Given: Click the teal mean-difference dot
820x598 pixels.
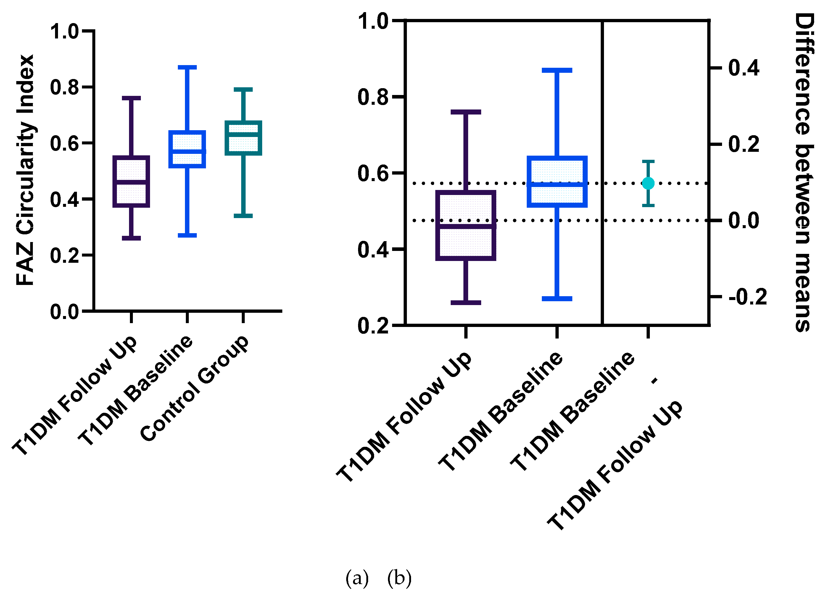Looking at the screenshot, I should [648, 183].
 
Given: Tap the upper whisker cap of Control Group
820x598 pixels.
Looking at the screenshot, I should [243, 89].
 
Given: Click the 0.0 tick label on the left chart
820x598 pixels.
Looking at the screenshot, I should [64, 312].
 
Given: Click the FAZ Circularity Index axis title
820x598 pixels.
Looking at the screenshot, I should [25, 170].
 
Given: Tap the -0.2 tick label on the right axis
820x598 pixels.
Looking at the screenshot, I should [747, 297].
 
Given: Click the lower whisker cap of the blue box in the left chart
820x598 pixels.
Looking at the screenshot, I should [187, 235].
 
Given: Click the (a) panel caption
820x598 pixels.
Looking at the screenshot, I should [357, 578].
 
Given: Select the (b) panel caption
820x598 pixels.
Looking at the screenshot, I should [399, 578].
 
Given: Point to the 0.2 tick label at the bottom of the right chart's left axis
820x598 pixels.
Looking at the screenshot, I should [373, 325].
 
